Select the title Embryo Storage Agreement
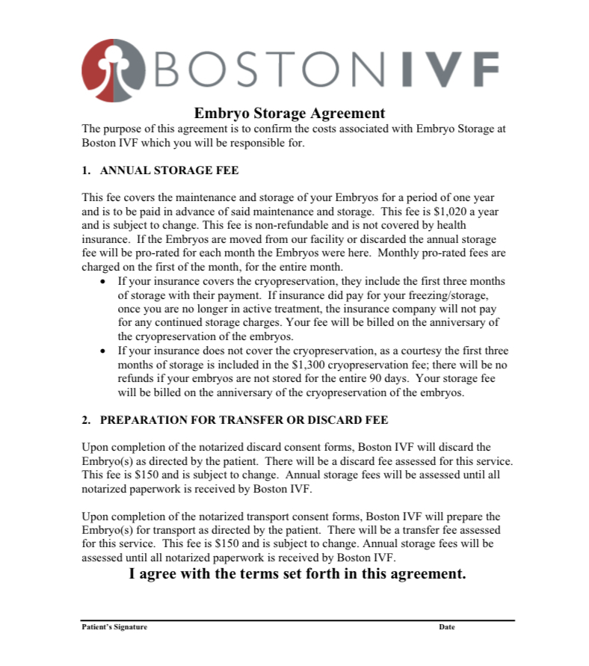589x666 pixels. (289, 114)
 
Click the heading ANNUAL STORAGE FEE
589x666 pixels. (169, 170)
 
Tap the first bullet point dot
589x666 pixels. (103, 282)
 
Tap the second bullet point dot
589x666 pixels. (103, 350)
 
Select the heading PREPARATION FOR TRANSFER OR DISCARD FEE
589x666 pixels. (244, 420)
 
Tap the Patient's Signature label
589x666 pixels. (114, 627)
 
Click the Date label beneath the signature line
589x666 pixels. (446, 627)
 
